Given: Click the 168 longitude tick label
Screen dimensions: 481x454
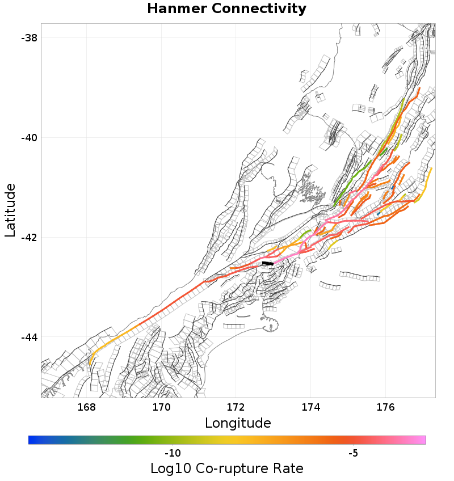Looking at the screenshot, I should [87, 407].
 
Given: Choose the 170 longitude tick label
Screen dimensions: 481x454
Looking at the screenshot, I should [162, 407].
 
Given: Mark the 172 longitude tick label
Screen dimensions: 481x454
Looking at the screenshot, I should [236, 407].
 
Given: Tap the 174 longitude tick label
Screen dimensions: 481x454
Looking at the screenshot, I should [311, 407].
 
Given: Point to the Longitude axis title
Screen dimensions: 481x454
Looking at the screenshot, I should [238, 423].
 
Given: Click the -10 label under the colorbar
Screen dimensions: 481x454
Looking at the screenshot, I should [172, 453].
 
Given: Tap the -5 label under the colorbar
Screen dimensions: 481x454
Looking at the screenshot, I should [353, 453].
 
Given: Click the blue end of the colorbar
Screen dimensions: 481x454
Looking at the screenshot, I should [32, 440].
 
